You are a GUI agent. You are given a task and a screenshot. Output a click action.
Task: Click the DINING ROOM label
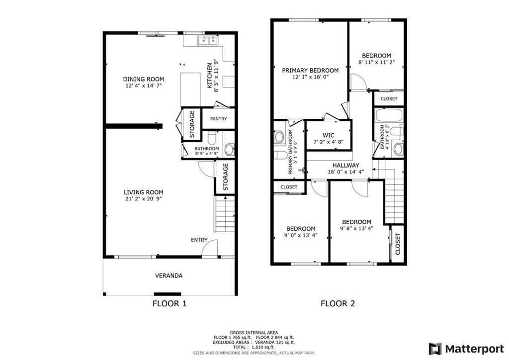click(144, 79)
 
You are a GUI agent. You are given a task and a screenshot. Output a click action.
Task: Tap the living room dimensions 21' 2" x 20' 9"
click(144, 199)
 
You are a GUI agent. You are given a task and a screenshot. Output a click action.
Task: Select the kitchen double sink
click(208, 40)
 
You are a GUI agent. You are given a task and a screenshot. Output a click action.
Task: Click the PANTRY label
click(219, 119)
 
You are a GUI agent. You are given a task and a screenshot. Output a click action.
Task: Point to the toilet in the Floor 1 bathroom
click(211, 138)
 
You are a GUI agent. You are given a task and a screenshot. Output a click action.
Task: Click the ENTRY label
click(199, 240)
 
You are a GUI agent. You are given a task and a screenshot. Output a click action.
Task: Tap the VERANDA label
click(169, 276)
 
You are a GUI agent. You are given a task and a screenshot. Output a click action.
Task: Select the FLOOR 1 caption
click(170, 303)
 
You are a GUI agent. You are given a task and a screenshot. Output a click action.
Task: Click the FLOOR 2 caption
click(338, 303)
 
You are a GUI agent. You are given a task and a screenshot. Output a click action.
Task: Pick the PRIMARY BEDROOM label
click(310, 70)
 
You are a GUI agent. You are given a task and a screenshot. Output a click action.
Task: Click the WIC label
click(329, 135)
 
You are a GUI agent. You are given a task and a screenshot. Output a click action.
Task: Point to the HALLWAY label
click(346, 165)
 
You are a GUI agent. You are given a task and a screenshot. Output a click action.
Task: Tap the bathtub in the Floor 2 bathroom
click(389, 115)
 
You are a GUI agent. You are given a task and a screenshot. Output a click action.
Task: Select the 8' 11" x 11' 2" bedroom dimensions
click(377, 62)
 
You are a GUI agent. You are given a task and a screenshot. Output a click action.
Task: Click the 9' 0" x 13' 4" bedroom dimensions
click(301, 235)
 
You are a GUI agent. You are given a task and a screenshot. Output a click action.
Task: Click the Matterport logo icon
click(435, 349)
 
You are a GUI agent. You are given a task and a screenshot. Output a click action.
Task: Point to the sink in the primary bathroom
click(278, 137)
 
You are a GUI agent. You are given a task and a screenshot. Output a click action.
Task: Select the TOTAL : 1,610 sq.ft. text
click(254, 347)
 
